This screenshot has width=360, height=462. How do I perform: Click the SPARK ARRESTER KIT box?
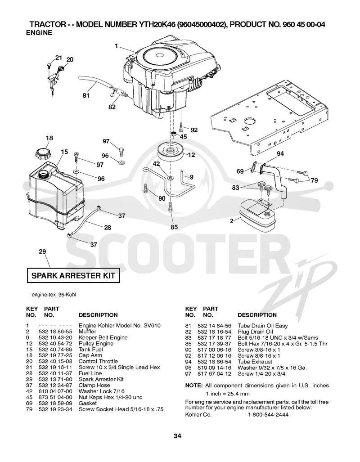[73, 276]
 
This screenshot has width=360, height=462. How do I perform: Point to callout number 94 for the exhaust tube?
[280, 153]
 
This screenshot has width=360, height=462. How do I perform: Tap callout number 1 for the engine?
[117, 46]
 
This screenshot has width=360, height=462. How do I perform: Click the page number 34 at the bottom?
[177, 436]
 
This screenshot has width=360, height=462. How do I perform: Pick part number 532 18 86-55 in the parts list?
[55, 332]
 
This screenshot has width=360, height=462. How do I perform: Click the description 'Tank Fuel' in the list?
[91, 350]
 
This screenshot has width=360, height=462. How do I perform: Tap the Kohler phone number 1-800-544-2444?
[268, 415]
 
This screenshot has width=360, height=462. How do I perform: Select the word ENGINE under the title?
[39, 33]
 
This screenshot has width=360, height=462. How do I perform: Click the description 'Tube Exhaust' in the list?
[255, 362]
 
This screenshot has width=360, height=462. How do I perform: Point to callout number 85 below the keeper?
[174, 227]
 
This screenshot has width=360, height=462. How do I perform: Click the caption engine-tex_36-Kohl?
[54, 295]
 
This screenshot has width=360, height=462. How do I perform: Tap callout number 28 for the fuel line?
[108, 228]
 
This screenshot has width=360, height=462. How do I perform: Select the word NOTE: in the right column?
[193, 386]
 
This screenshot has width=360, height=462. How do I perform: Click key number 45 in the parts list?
[29, 397]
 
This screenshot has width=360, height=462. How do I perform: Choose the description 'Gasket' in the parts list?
[88, 403]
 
